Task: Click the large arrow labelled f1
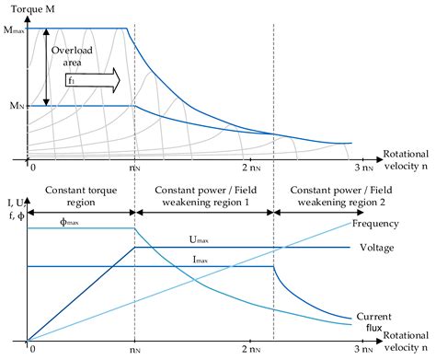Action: (x=92, y=80)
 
